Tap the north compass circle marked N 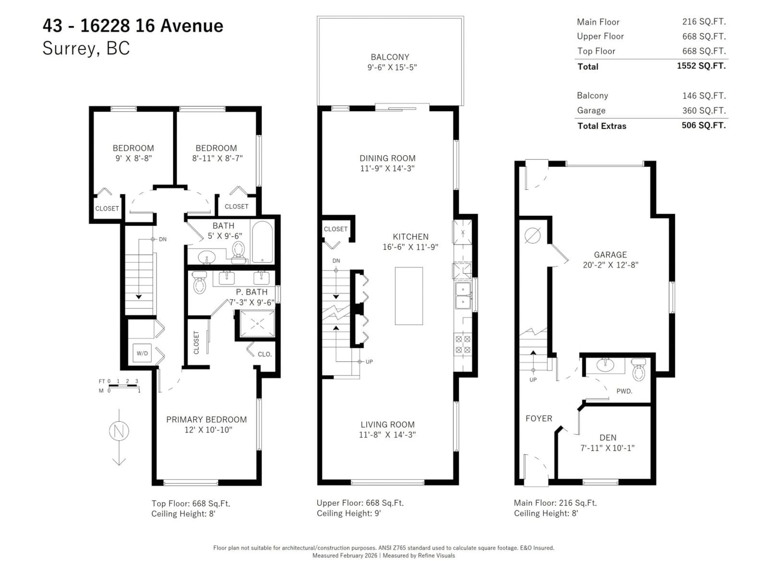[x=119, y=431]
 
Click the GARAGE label [x=610, y=255]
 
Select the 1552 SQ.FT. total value [x=701, y=66]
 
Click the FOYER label [x=538, y=418]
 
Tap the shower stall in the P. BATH [x=257, y=324]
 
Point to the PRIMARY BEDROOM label [x=206, y=419]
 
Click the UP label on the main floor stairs [x=533, y=380]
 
